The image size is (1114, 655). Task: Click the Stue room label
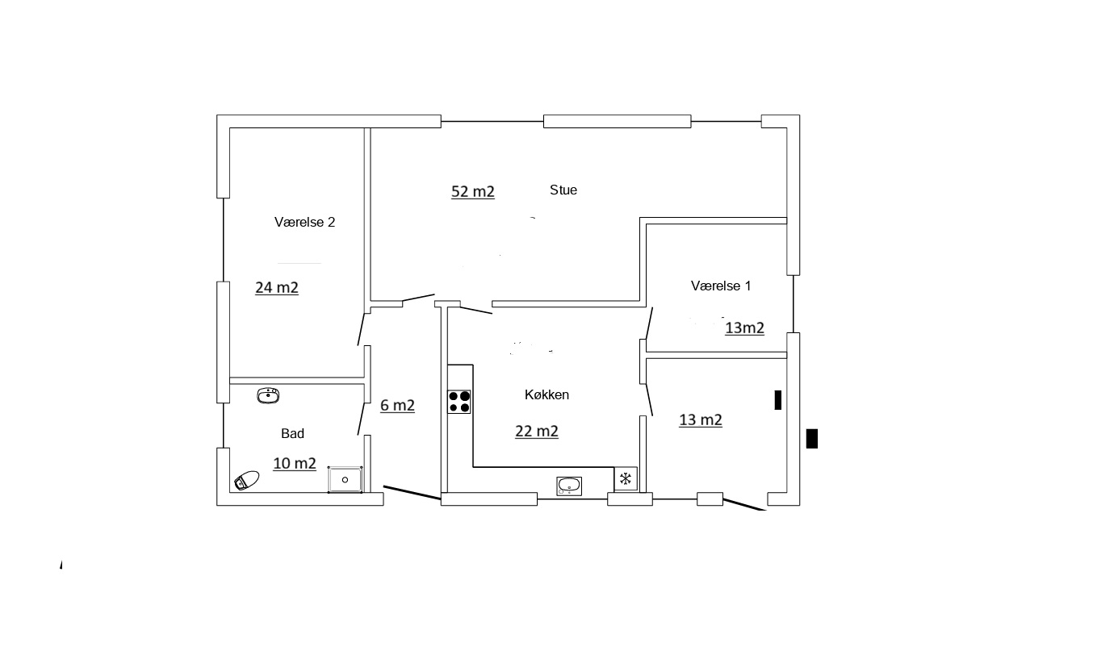point(563,190)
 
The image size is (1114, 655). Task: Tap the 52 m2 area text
point(473,191)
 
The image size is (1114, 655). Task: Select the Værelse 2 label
point(305,222)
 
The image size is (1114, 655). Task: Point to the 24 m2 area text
point(277,287)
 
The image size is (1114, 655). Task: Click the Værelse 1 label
point(721,286)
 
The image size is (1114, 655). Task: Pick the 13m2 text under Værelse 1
point(744,328)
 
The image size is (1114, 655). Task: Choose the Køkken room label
point(547,394)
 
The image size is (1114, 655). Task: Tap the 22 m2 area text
point(537,431)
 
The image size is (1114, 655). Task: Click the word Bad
point(292,434)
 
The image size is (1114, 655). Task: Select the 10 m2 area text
point(295,463)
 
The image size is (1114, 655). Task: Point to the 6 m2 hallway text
point(397,406)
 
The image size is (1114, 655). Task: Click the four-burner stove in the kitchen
point(459,402)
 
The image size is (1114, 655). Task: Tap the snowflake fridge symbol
point(626,479)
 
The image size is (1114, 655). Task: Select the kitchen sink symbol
point(569,486)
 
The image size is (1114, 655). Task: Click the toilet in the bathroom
point(247,481)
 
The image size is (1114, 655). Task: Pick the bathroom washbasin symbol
point(268,395)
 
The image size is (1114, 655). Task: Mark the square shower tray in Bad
point(345,480)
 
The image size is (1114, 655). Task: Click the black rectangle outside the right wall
point(812,439)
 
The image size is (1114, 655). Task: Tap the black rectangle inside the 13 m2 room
point(778,400)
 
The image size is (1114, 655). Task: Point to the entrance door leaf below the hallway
point(413,493)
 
